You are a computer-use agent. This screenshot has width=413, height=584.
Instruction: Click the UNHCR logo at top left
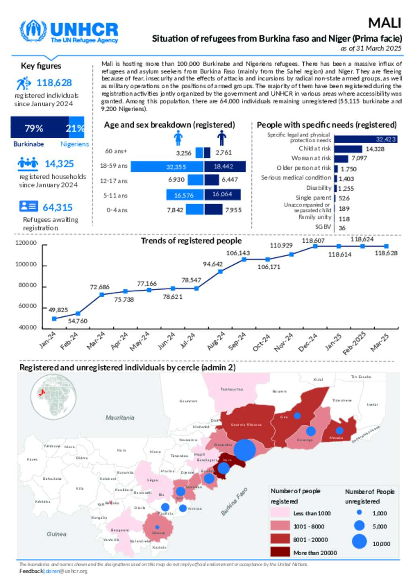69,31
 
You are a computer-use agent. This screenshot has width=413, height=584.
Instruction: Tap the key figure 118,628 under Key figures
54,83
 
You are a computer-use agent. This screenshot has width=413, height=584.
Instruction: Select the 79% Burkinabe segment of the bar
40,128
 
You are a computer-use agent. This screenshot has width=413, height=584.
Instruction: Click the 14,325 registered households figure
59,164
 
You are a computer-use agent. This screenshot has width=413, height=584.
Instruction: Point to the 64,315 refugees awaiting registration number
58,207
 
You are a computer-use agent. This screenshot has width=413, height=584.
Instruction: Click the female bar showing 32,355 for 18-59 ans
167,166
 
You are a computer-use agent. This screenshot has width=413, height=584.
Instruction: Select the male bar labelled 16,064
222,195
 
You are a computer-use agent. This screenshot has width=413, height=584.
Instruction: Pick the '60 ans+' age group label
116,151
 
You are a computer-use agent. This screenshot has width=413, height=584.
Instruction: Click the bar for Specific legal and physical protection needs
365,139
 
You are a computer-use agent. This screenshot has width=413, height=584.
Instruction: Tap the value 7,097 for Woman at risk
359,158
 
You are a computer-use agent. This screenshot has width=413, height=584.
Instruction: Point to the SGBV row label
323,227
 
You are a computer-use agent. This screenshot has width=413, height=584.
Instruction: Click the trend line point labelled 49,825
54,319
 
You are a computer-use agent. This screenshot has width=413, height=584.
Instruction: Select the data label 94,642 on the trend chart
213,264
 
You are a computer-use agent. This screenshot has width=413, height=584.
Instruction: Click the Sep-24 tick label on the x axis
237,341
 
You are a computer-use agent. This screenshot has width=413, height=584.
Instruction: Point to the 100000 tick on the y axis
26,264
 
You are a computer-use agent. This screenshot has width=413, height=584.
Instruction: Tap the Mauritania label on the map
120,418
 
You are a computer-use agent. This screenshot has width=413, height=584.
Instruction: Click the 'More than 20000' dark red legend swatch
280,552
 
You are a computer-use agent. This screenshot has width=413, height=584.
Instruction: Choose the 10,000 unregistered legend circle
359,541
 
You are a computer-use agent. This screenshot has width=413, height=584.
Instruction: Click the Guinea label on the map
56,534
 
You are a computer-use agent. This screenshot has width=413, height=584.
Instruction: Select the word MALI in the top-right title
384,23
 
